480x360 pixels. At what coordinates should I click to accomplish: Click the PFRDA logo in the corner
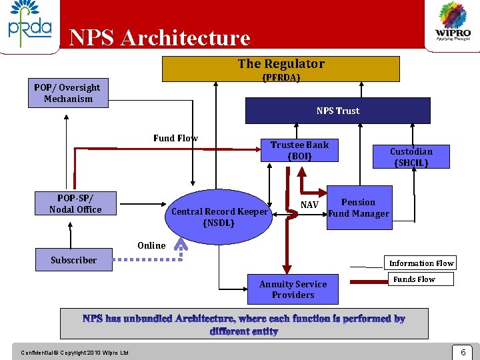point(29,25)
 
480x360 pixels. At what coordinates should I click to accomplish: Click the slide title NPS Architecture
point(159,38)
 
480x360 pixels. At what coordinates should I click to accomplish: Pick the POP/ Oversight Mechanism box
point(68,93)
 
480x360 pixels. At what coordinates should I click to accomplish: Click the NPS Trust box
point(337,111)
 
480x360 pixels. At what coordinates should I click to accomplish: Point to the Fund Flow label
point(175,139)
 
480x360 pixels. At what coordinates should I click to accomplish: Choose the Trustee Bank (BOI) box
point(299,150)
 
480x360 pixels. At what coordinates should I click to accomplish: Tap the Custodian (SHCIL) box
point(411,157)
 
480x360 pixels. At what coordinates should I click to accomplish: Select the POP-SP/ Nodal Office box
point(75,204)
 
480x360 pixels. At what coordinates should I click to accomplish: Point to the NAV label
point(309,205)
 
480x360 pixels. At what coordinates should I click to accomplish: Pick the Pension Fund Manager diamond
point(359,208)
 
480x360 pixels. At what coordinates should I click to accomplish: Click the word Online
point(151,245)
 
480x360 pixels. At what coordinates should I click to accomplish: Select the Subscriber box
point(74,260)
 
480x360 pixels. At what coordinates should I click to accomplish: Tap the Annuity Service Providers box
point(293,289)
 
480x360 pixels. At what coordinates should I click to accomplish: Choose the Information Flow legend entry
point(421,263)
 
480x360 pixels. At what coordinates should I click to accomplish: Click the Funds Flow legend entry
point(414,279)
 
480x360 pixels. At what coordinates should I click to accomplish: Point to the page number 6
point(462,351)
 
